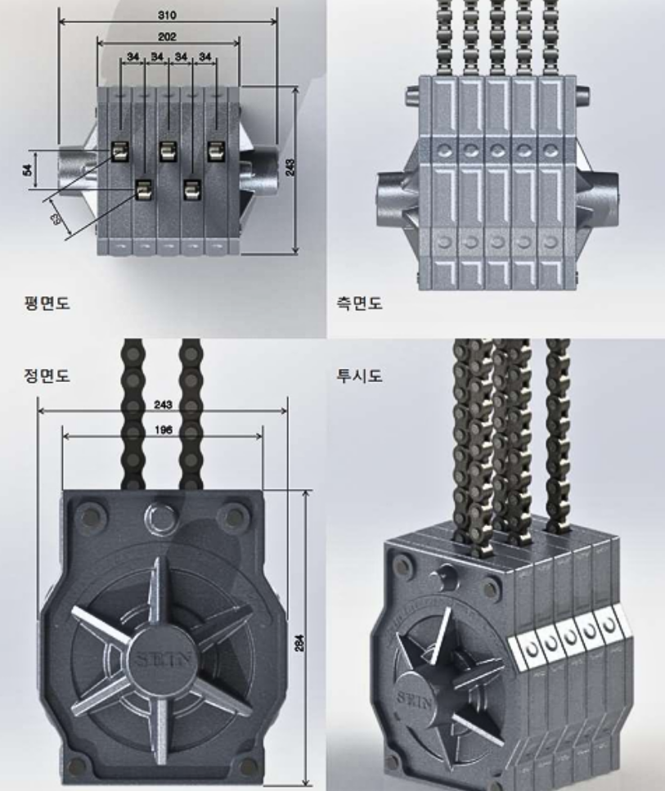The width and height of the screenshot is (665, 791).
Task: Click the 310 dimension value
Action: coord(167,15)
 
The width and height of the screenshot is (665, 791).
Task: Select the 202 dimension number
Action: coord(168,37)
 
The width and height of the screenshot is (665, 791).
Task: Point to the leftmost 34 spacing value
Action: coord(133,56)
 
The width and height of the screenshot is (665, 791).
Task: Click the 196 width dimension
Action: coord(164,429)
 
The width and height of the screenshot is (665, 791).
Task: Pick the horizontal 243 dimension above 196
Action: coord(164,405)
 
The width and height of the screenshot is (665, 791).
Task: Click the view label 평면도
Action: coord(46,303)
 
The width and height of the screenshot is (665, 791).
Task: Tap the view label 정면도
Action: coord(46,375)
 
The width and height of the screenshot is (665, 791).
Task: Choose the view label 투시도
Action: coord(360,375)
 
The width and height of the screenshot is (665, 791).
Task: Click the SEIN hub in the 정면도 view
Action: coord(160,658)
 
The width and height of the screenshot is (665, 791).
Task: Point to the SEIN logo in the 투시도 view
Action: coord(411,698)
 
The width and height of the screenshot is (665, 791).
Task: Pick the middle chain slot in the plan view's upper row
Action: coord(168,151)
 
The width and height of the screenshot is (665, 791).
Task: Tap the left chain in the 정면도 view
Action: coord(133,417)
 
